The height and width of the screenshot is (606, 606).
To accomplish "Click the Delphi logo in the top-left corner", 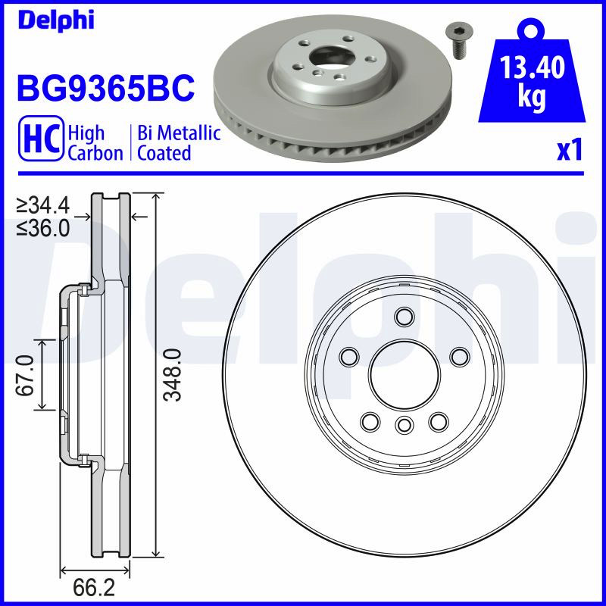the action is tap(55, 20).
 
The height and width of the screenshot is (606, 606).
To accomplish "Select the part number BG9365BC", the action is tap(105, 88).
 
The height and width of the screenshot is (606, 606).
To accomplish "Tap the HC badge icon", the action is tap(41, 138).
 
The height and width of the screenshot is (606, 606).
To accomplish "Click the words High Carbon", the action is tap(95, 142).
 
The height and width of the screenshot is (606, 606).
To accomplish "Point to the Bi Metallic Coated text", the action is tap(179, 142).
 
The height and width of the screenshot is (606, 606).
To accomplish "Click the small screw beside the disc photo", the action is tap(461, 41).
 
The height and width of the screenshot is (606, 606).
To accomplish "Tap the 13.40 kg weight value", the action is tap(533, 81).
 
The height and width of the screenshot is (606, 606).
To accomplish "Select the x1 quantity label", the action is tap(570, 150).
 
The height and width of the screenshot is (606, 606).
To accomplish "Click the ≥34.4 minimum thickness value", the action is tap(43, 205).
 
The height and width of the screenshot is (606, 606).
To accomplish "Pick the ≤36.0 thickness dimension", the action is tap(43, 229).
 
